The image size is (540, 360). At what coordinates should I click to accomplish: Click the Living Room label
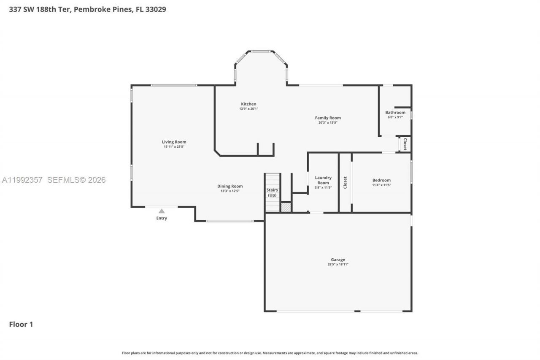coord(174,142)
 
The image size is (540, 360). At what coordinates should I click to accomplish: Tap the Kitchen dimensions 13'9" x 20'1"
coord(248,109)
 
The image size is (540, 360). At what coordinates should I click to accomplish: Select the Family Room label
coord(328,118)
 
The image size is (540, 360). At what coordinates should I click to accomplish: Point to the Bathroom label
coord(395,112)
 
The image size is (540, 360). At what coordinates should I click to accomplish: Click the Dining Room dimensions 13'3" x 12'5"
coord(230,191)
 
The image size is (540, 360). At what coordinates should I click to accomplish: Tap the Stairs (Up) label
coord(272,192)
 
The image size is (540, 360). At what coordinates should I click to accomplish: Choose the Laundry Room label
coord(323,180)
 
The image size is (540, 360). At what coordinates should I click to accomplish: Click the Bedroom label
coord(381,180)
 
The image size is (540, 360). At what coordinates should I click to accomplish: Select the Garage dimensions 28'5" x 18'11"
coord(338,265)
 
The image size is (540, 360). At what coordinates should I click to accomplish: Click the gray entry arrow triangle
coord(162,211)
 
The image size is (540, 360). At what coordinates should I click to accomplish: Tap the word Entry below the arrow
coord(162,218)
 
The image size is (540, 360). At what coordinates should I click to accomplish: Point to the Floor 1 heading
coord(21,324)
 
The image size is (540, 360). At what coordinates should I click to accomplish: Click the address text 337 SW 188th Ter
coord(40,9)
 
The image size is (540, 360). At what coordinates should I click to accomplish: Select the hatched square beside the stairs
coord(286,207)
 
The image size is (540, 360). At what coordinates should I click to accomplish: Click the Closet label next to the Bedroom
coord(345,182)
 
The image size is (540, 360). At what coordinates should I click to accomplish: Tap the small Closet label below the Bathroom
coord(405,144)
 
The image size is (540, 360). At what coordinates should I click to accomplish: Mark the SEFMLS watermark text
coord(76,180)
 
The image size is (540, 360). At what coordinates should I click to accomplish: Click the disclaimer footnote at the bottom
coord(270,353)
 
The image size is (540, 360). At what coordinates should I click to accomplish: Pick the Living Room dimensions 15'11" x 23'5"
coord(174,146)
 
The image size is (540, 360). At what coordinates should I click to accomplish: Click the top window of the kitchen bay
coord(261,51)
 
